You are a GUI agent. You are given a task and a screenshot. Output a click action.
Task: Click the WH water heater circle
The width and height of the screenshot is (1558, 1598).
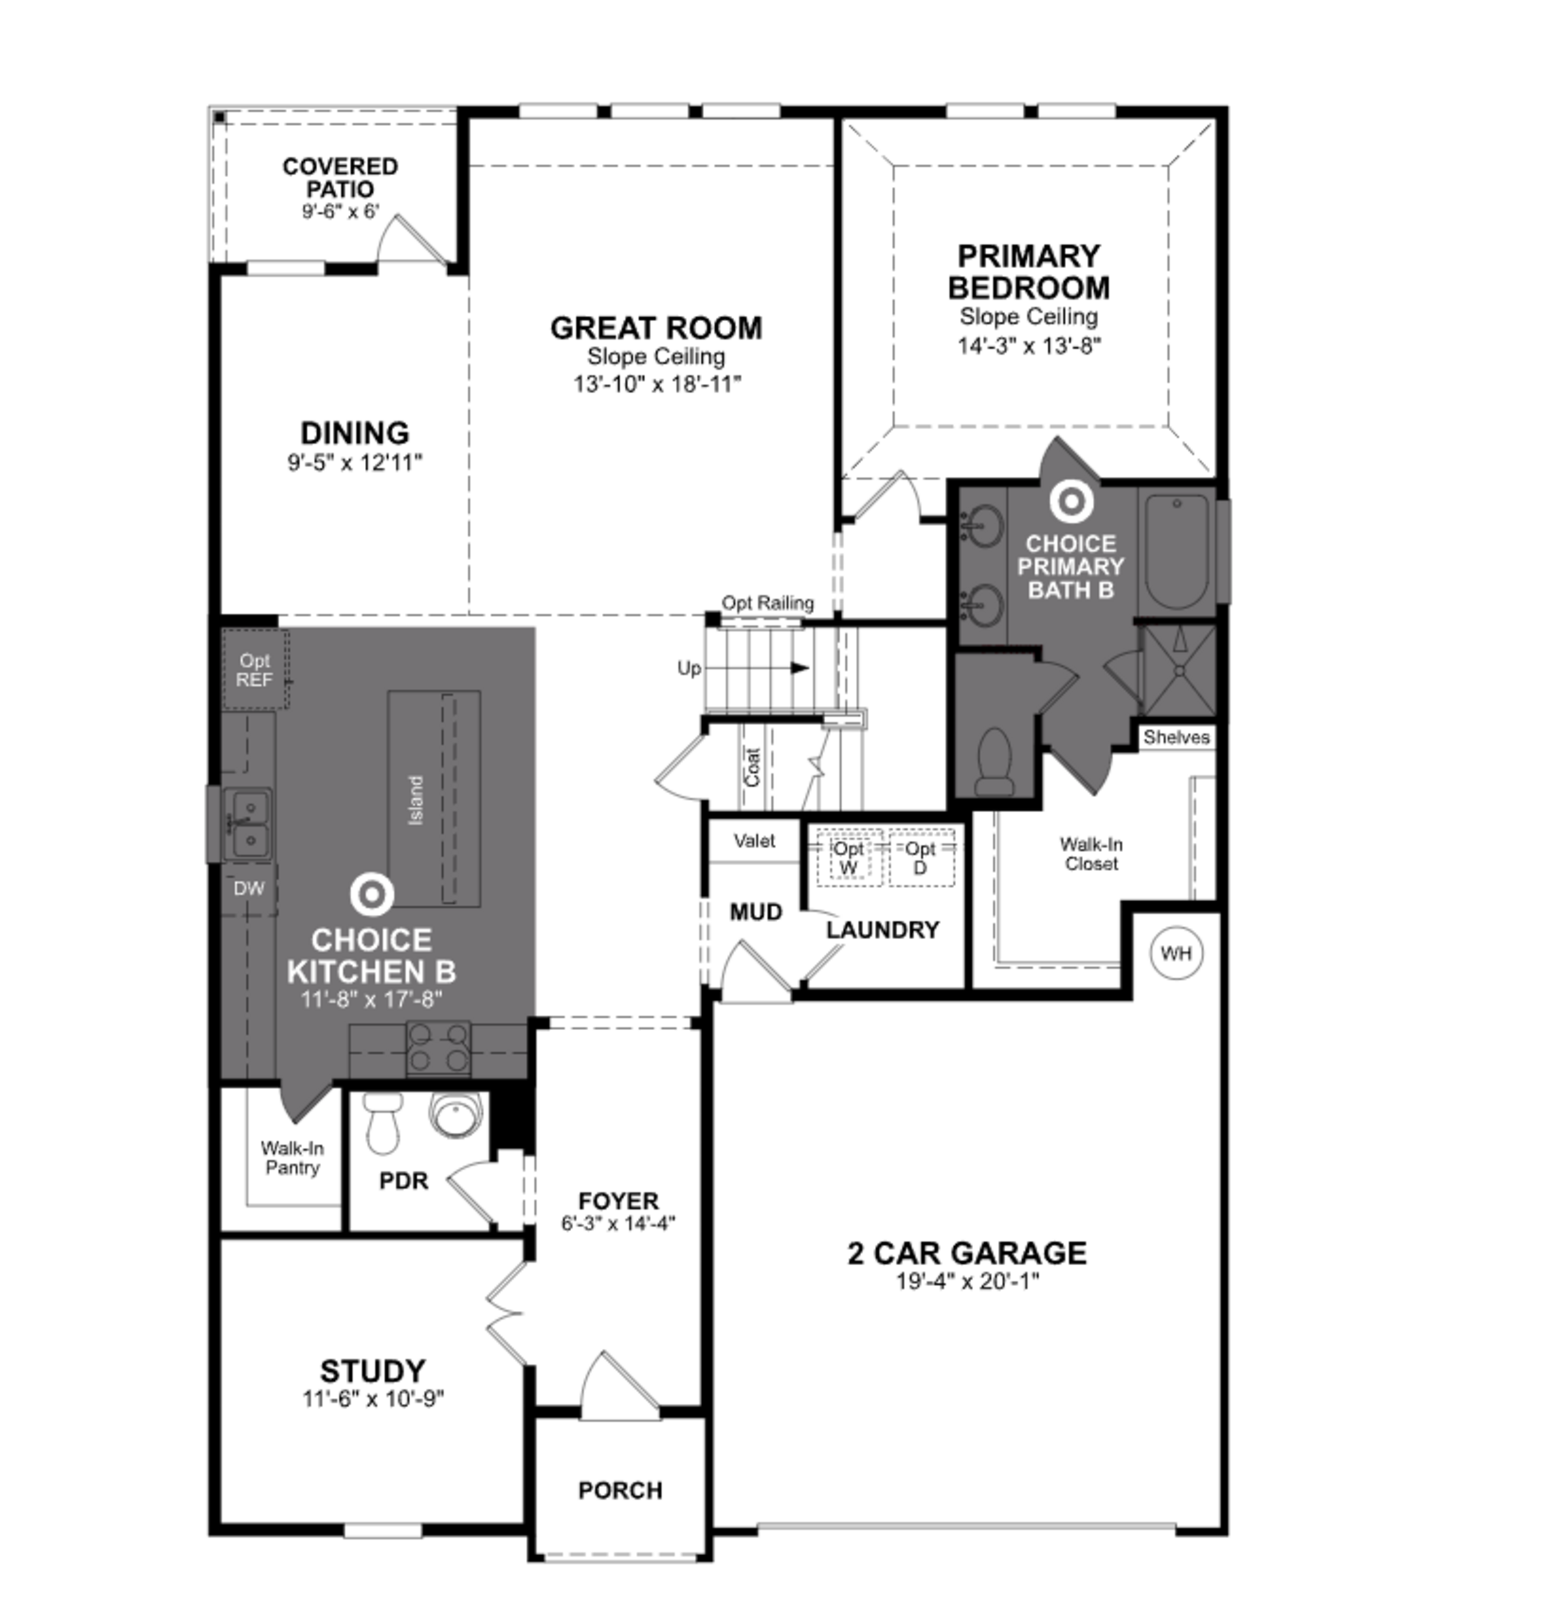[1176, 953]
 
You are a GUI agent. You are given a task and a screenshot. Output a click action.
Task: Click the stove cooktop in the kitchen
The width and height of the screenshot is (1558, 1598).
[439, 1048]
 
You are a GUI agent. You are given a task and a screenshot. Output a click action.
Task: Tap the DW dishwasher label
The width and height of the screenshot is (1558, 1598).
[249, 889]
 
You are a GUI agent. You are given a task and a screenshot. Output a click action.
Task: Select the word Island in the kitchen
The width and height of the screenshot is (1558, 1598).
[416, 799]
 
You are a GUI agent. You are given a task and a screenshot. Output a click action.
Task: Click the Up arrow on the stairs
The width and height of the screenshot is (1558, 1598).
[798, 668]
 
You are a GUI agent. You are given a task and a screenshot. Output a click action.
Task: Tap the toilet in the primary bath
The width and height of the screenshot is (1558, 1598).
[994, 761]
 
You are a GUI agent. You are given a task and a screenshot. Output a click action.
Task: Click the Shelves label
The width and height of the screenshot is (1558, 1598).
[1176, 737]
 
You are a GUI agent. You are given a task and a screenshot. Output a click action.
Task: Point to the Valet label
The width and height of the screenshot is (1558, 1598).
[753, 840]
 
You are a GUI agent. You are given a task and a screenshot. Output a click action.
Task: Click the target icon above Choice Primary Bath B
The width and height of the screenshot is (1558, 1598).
[1071, 501]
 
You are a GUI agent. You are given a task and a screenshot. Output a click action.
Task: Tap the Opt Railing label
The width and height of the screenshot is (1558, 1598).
[767, 603]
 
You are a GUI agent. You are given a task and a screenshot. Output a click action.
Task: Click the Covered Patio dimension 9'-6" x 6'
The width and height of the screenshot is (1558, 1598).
[340, 211]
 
